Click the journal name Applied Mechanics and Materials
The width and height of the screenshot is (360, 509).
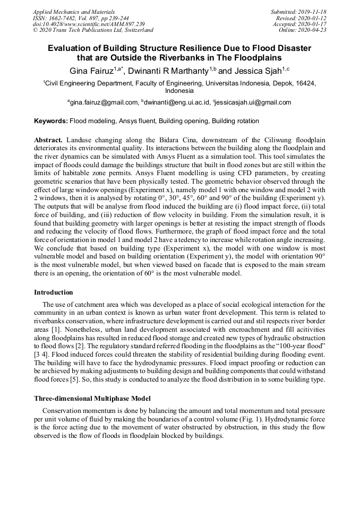74,12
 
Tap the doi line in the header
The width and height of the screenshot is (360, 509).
89,24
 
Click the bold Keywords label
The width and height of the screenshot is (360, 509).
51,121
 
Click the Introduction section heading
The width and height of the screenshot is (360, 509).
54,292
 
